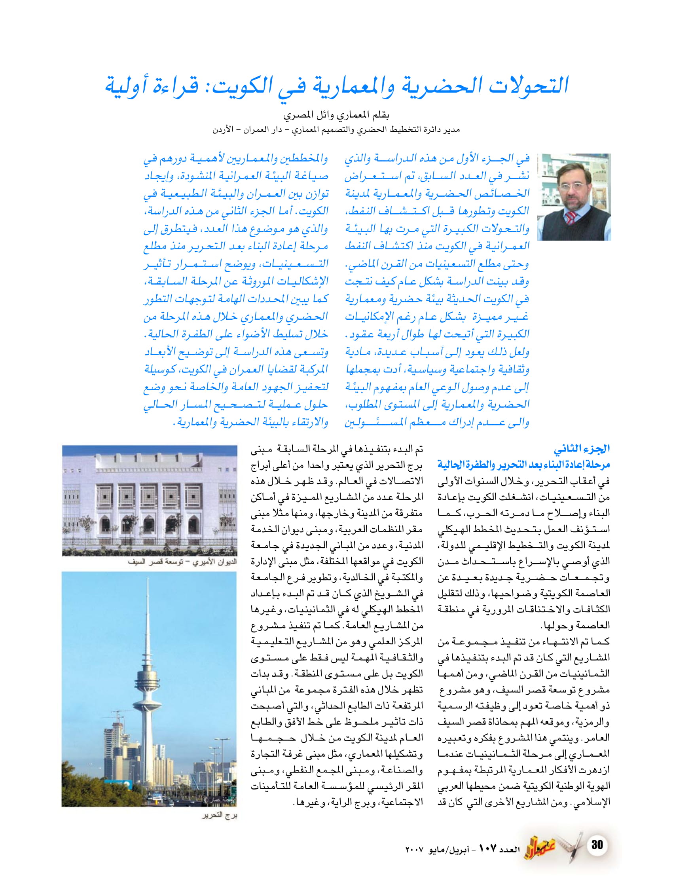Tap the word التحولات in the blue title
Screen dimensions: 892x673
(528, 86)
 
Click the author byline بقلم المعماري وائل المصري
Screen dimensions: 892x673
(336, 116)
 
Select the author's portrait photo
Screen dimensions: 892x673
(574, 197)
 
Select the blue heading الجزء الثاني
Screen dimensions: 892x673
(582, 448)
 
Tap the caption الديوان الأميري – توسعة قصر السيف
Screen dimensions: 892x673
(182, 562)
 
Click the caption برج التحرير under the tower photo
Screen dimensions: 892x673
(220, 815)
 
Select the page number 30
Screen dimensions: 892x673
(597, 845)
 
